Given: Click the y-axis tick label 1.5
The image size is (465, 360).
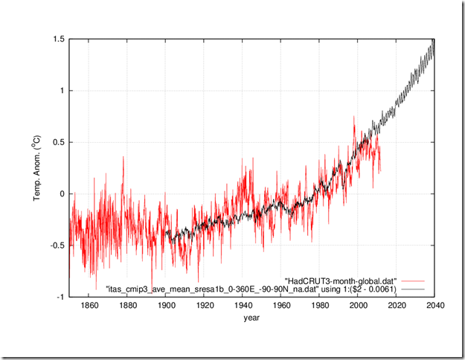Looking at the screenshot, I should [x=57, y=39].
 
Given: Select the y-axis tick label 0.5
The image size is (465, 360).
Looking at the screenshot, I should [x=57, y=142].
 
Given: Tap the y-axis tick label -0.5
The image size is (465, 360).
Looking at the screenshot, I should [x=56, y=245].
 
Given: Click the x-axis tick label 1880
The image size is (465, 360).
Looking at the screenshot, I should [x=127, y=306].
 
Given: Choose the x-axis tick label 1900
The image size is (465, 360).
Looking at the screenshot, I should [x=166, y=306].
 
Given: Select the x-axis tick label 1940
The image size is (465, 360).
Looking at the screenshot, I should [x=243, y=306].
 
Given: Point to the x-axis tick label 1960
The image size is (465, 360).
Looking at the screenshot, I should [x=281, y=306].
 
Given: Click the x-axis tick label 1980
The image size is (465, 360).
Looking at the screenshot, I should [x=320, y=306].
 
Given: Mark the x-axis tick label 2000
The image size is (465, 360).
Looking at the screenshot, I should [x=358, y=306].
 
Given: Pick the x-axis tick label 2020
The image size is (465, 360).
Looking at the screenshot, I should [x=397, y=306].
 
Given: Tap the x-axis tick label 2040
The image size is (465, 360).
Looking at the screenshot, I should [x=434, y=306].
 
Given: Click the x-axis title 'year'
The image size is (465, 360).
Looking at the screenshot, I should [x=251, y=319].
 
